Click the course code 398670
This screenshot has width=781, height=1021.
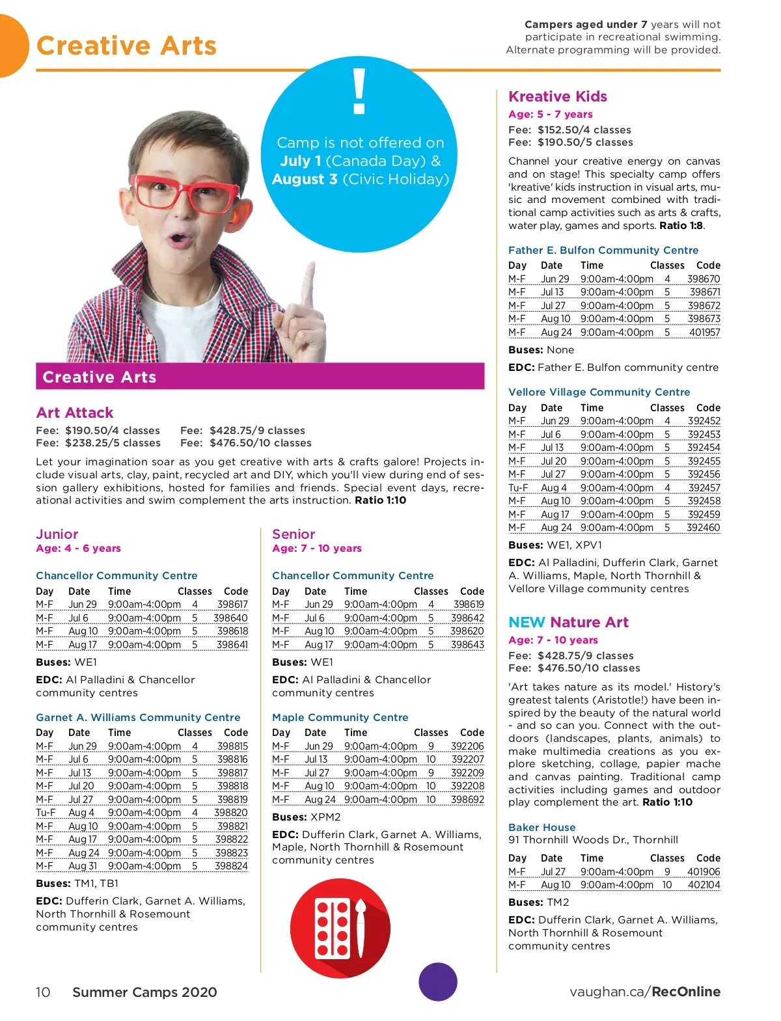pos(704,279)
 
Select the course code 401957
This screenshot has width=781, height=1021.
pos(704,333)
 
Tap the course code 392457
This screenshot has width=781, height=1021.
pos(704,488)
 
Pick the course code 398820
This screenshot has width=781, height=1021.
pos(231,813)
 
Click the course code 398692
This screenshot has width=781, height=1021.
pos(467,800)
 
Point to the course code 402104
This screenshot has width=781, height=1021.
pos(704,885)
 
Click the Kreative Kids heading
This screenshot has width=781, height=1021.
pos(557,96)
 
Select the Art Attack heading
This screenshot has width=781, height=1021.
pos(75,413)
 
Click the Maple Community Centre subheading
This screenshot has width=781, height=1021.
pos(340,717)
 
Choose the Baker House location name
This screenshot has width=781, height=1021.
pos(541,827)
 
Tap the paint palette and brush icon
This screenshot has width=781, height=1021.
pos(340,928)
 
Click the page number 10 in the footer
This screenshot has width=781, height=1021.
pos(43,992)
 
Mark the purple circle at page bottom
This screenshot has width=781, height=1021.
pos(438,982)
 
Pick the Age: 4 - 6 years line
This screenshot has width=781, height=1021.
pos(78,548)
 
